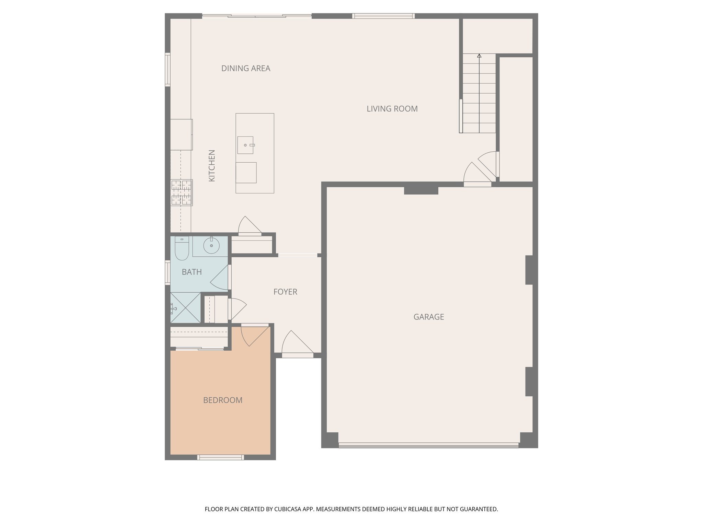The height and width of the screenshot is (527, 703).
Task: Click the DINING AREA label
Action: tap(245, 68)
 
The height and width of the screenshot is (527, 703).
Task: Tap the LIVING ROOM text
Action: tap(392, 109)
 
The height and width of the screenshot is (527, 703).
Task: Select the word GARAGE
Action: tap(428, 317)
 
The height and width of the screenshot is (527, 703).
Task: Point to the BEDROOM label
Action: tap(223, 400)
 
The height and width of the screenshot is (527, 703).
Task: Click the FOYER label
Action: tap(285, 292)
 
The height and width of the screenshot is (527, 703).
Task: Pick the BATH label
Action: tap(192, 272)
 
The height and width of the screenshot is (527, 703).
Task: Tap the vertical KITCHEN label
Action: tap(212, 166)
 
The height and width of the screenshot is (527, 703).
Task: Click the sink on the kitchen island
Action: tap(245, 145)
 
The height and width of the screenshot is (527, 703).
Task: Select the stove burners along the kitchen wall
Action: tap(182, 192)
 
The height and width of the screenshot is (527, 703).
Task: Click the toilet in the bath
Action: tap(182, 249)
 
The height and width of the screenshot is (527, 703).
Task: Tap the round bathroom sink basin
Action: tap(211, 246)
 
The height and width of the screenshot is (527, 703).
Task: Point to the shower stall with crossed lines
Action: tap(186, 307)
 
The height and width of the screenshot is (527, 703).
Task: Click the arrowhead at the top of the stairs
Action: tap(479, 56)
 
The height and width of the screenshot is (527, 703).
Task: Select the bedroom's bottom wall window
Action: tap(220, 457)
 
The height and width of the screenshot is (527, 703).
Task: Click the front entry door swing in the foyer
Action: tap(296, 343)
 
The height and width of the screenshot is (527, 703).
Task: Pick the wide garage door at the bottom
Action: tap(428, 445)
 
